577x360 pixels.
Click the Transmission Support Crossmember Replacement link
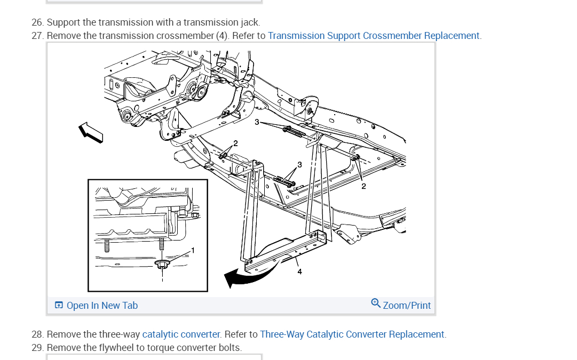374,36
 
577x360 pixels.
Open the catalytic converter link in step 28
181,334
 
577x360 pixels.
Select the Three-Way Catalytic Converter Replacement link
352,334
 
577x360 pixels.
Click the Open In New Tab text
102,306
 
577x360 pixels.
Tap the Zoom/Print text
407,306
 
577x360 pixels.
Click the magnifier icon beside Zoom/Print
376,303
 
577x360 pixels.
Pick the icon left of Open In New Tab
59,306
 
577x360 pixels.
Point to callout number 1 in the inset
193,250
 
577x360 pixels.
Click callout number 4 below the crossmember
299,271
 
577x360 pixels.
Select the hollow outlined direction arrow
90,132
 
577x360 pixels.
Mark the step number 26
37,22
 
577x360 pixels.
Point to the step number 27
37,36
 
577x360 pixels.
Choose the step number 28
37,334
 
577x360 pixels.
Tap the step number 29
37,348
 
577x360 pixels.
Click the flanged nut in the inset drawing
162,263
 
